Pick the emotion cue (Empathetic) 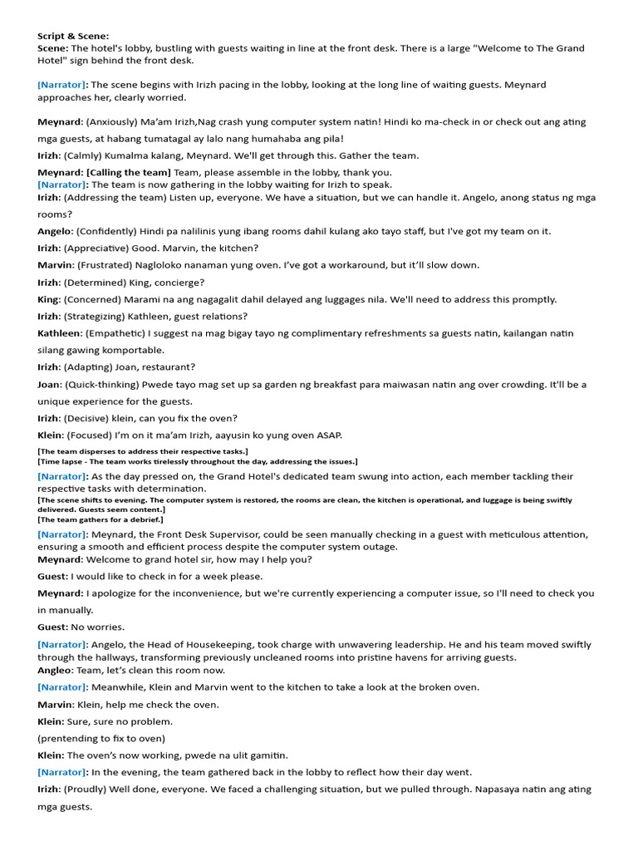pos(117,333)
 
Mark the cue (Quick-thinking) pos(102,385)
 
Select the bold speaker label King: pos(49,299)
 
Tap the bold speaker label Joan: pos(49,385)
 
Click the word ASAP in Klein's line pos(329,435)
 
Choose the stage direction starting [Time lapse pos(198,461)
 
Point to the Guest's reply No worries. pos(98,627)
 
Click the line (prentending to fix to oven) pos(101,738)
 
